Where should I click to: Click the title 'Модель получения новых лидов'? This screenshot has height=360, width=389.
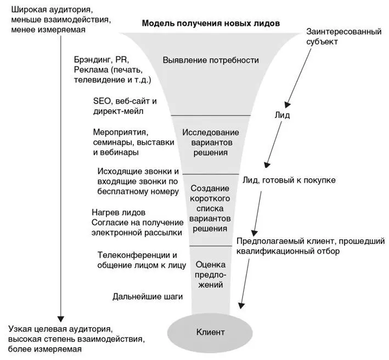(211, 23)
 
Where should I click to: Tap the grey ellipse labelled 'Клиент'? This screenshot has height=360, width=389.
(211, 332)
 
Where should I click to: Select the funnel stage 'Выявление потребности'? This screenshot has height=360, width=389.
(211, 60)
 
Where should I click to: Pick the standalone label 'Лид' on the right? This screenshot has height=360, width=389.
(282, 116)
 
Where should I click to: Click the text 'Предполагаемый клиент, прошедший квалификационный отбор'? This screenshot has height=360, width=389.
(311, 246)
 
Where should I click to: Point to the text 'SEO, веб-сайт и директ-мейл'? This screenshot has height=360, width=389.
(125, 106)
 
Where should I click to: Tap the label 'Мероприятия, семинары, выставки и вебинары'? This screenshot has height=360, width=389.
(124, 142)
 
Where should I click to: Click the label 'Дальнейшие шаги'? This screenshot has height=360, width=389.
(147, 297)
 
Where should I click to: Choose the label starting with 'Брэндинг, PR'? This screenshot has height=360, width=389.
(112, 70)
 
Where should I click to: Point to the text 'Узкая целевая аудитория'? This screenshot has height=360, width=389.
(60, 329)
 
